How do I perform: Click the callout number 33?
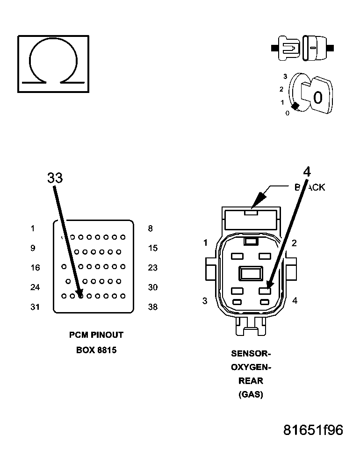point(55,178)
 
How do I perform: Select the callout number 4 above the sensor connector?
point(307,172)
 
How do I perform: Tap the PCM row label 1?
point(33,228)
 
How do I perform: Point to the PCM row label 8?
point(150,228)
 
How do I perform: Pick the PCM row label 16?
point(35,268)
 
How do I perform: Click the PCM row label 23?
point(153,268)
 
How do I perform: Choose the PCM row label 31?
point(35,307)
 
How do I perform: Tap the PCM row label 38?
point(153,307)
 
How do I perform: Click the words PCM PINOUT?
point(96,335)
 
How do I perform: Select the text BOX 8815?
point(96,350)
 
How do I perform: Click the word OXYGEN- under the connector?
point(251,367)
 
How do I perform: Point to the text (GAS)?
point(251,395)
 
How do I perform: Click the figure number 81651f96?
point(313,430)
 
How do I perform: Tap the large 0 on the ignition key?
point(318,98)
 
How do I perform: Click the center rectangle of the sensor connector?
point(251,273)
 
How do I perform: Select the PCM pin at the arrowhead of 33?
point(80,295)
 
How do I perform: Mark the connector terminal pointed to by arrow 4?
point(265,291)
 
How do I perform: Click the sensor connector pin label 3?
point(205,301)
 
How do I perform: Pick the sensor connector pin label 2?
point(294,242)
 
